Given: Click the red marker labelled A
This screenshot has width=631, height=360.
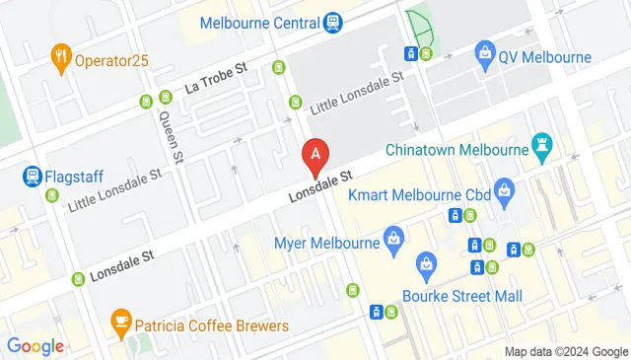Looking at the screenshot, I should coord(315,155).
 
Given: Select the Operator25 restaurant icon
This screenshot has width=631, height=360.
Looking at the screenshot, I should coord(62,58).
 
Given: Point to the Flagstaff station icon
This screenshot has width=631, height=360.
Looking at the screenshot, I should coord(33,178).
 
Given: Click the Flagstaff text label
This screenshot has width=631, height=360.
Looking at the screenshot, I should coord(80,178).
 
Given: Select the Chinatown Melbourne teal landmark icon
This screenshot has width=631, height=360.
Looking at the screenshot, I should coord(541,149).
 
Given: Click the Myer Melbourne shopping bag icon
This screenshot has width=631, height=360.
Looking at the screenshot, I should coord(393,240).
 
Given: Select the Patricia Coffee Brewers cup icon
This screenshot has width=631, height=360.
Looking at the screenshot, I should coord(120,322).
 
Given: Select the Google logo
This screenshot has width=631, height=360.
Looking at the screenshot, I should coord(35,346).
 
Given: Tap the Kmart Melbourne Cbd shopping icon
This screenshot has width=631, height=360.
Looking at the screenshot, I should coord(503,187).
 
